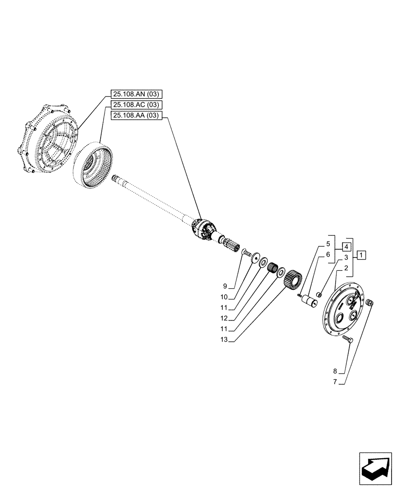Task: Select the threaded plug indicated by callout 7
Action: tap(369, 303)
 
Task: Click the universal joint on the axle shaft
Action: tap(204, 228)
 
